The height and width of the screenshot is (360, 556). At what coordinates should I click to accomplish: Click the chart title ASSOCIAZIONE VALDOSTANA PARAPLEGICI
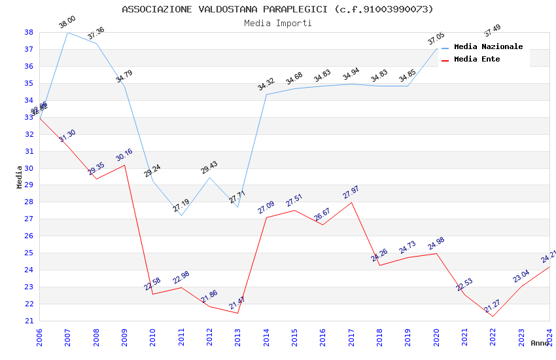coord(277,9)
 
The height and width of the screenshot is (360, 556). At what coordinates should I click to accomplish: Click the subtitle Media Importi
coord(277,23)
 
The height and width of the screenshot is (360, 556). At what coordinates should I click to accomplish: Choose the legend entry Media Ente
coord(477,59)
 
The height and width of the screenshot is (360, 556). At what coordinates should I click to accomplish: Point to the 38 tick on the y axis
coord(29,32)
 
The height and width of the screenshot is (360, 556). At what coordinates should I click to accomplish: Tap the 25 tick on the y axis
coord(29,253)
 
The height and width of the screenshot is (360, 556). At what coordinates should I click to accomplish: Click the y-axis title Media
coord(20,177)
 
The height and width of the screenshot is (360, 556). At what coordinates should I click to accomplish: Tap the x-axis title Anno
coord(540,343)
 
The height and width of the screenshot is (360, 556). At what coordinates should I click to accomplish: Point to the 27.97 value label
coord(351,192)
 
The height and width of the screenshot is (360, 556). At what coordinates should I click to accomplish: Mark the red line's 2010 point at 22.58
coord(153,294)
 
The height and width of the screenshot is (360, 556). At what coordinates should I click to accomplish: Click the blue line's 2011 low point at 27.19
coord(181,215)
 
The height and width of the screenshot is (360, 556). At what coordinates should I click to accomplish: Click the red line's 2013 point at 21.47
coord(237,313)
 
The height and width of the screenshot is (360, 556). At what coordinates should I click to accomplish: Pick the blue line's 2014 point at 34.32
coord(266,94)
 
